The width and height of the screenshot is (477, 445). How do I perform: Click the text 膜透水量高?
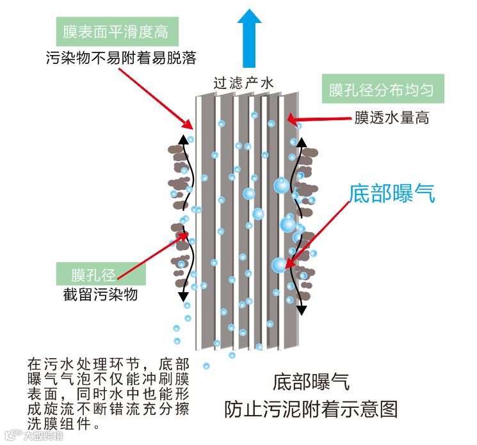pyautogui.click(x=391, y=118)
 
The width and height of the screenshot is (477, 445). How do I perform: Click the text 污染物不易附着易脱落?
pyautogui.click(x=121, y=58)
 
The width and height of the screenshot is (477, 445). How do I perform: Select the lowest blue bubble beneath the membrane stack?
pyautogui.click(x=207, y=366)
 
